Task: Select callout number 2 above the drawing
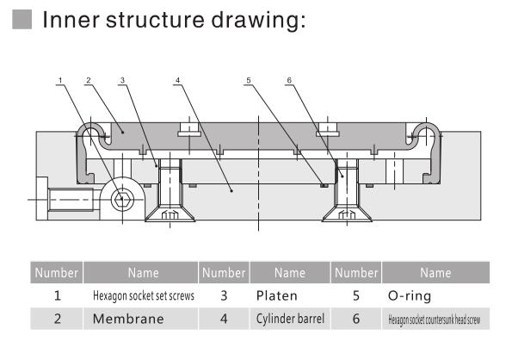[x=89, y=81]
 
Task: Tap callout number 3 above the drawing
[x=122, y=81]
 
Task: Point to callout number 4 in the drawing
[x=176, y=81]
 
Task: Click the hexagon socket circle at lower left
[x=122, y=201]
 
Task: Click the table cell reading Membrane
[x=142, y=319]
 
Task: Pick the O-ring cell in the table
[x=412, y=295]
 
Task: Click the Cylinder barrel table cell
[x=290, y=319]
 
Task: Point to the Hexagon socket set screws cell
[x=143, y=295]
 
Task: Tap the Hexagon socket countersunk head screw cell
[x=435, y=320]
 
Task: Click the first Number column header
[x=56, y=273]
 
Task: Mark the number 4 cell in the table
[x=224, y=319]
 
